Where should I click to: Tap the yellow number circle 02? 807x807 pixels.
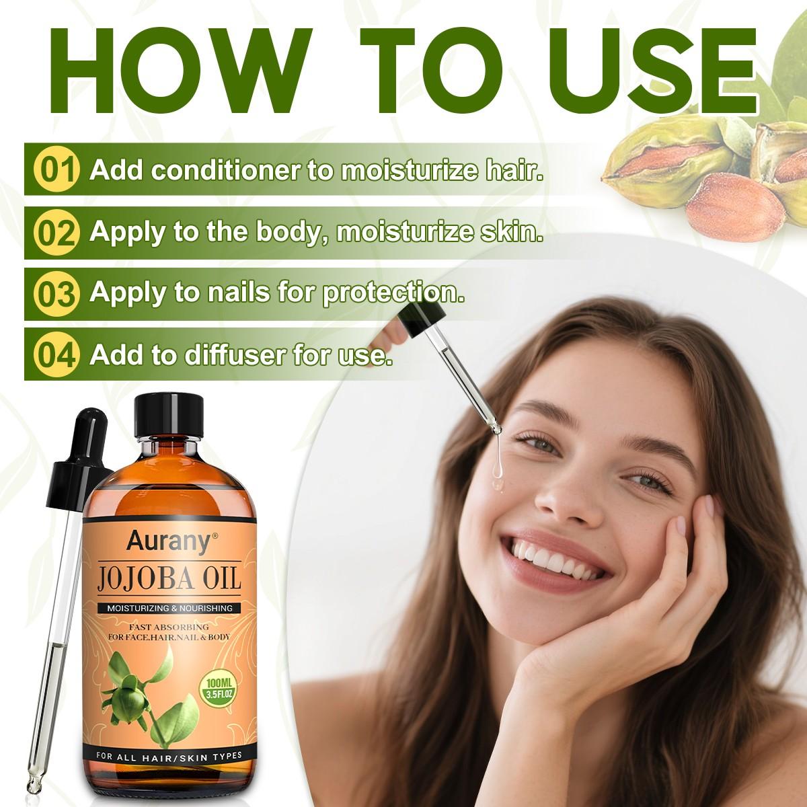[56, 232]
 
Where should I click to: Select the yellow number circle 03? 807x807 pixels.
[56, 294]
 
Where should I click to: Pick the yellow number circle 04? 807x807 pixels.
[56, 354]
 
